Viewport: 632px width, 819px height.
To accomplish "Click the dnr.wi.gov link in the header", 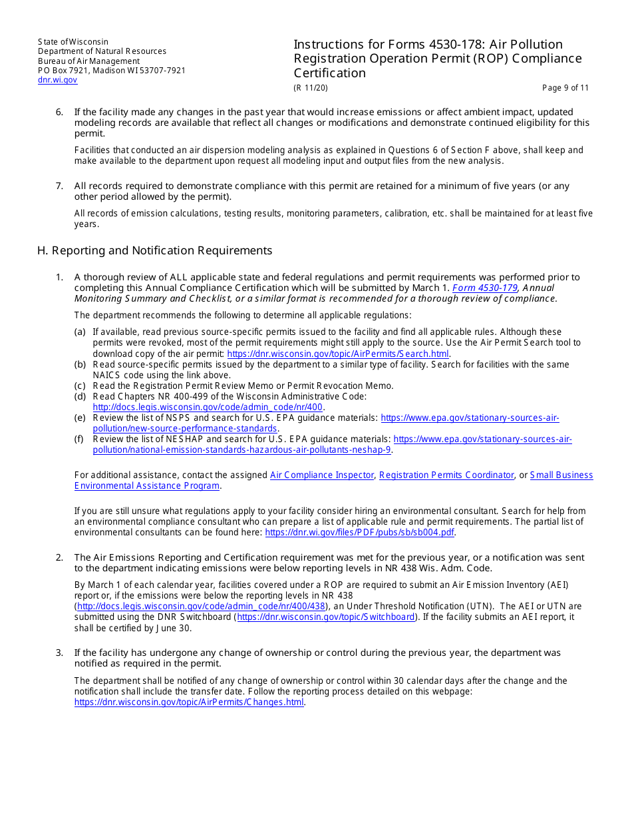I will tap(57, 80).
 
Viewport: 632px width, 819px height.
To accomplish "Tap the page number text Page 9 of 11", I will tap(565, 88).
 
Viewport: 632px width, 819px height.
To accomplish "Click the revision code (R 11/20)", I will tap(311, 88).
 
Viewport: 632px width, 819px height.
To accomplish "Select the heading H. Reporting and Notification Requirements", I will tap(155, 250).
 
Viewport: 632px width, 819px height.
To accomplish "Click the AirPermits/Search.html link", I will tap(337, 354).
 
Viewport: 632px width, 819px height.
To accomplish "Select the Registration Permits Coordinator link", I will tap(446, 475).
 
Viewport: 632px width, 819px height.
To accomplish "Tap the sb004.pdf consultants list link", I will tap(360, 533).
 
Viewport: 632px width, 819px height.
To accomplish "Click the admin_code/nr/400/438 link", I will tap(201, 607).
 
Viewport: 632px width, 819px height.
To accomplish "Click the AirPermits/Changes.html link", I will tap(189, 702).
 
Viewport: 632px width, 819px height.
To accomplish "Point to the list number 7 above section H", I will tap(59, 186).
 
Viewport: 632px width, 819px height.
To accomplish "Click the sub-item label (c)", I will tap(80, 386).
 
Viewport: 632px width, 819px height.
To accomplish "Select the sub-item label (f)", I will tap(80, 439).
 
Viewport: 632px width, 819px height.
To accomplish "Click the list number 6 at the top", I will tap(59, 112).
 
